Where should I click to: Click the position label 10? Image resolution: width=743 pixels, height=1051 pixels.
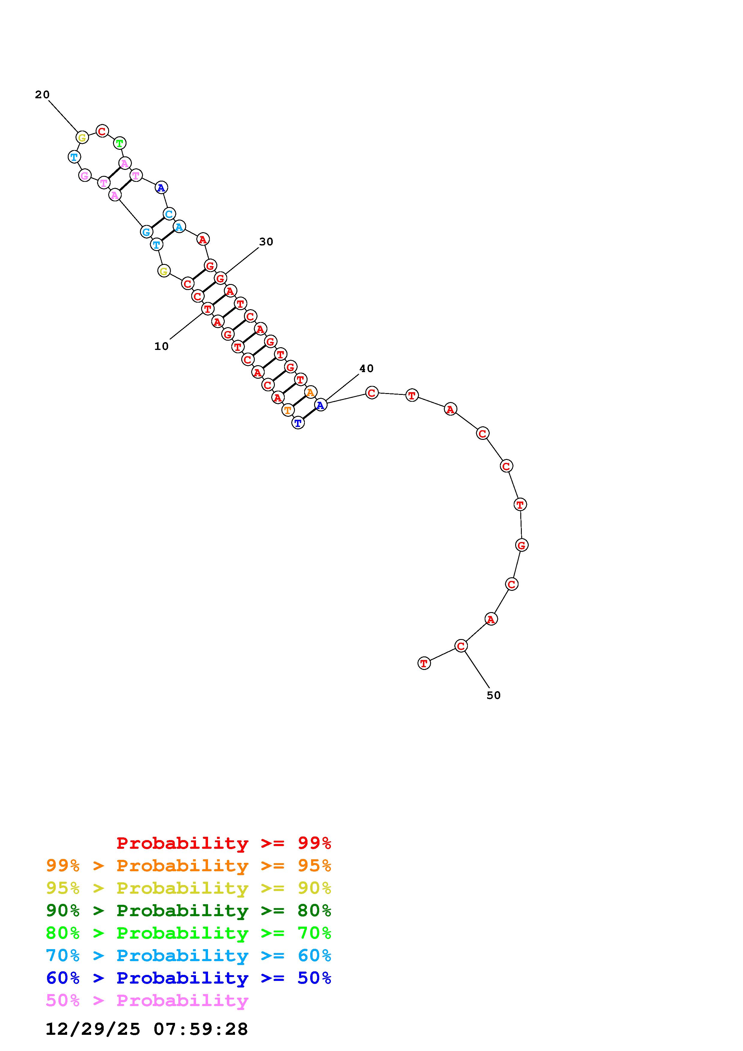pyautogui.click(x=161, y=347)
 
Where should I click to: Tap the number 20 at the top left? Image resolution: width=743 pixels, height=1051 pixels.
pyautogui.click(x=42, y=95)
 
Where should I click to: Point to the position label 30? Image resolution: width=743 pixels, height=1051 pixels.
pyautogui.click(x=266, y=242)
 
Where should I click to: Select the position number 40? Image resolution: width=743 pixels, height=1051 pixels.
pyautogui.click(x=366, y=369)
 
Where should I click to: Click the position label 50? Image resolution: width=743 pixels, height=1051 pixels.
pyautogui.click(x=494, y=695)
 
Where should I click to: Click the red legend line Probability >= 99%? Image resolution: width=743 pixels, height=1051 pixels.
pyautogui.click(x=224, y=843)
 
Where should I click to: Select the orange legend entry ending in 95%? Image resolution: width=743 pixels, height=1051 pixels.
pyautogui.click(x=189, y=866)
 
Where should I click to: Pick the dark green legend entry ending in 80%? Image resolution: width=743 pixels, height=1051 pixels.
pyautogui.click(x=189, y=910)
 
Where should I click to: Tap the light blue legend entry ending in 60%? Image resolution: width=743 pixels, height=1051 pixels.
pyautogui.click(x=189, y=955)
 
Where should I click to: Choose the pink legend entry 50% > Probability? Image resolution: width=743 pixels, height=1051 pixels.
pyautogui.click(x=147, y=1000)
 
